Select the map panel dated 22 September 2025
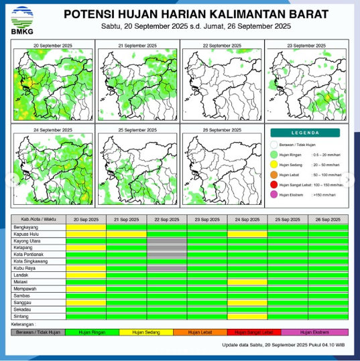click(222, 81)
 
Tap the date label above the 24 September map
click(52, 129)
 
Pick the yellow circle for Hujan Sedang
click(274, 164)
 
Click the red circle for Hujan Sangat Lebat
click(274, 184)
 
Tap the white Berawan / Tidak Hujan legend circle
click(274, 144)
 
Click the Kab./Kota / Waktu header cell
click(38, 220)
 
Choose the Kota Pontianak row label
click(29, 255)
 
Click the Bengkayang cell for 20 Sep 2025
click(86, 228)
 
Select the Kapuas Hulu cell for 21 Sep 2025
click(126, 234)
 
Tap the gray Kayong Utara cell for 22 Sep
click(167, 241)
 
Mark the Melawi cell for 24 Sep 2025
click(247, 282)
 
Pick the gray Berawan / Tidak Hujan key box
click(38, 332)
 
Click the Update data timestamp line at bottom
click(284, 346)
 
